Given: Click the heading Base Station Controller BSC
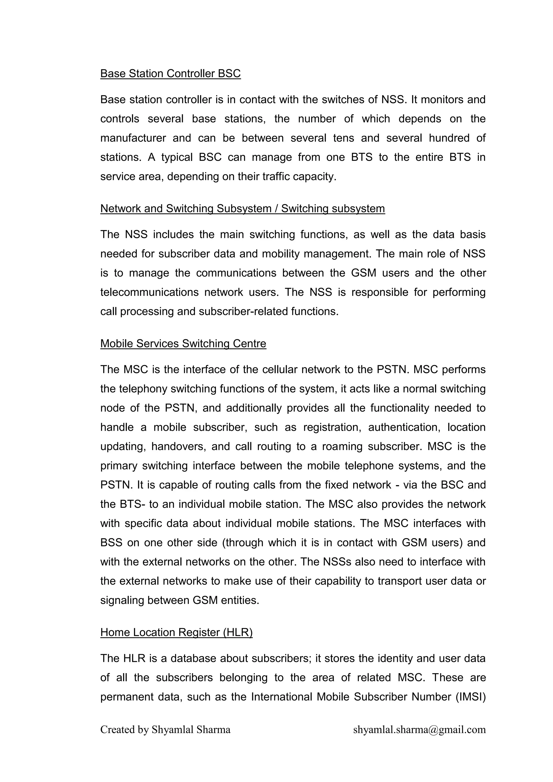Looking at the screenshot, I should point(170,73).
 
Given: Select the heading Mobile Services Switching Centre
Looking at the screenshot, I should point(183,343).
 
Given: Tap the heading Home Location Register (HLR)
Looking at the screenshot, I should point(176,632).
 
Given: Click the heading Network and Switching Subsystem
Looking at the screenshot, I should point(242,209).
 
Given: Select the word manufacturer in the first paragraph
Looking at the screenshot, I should point(133,138).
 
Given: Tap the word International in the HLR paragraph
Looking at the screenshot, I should point(281,697).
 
